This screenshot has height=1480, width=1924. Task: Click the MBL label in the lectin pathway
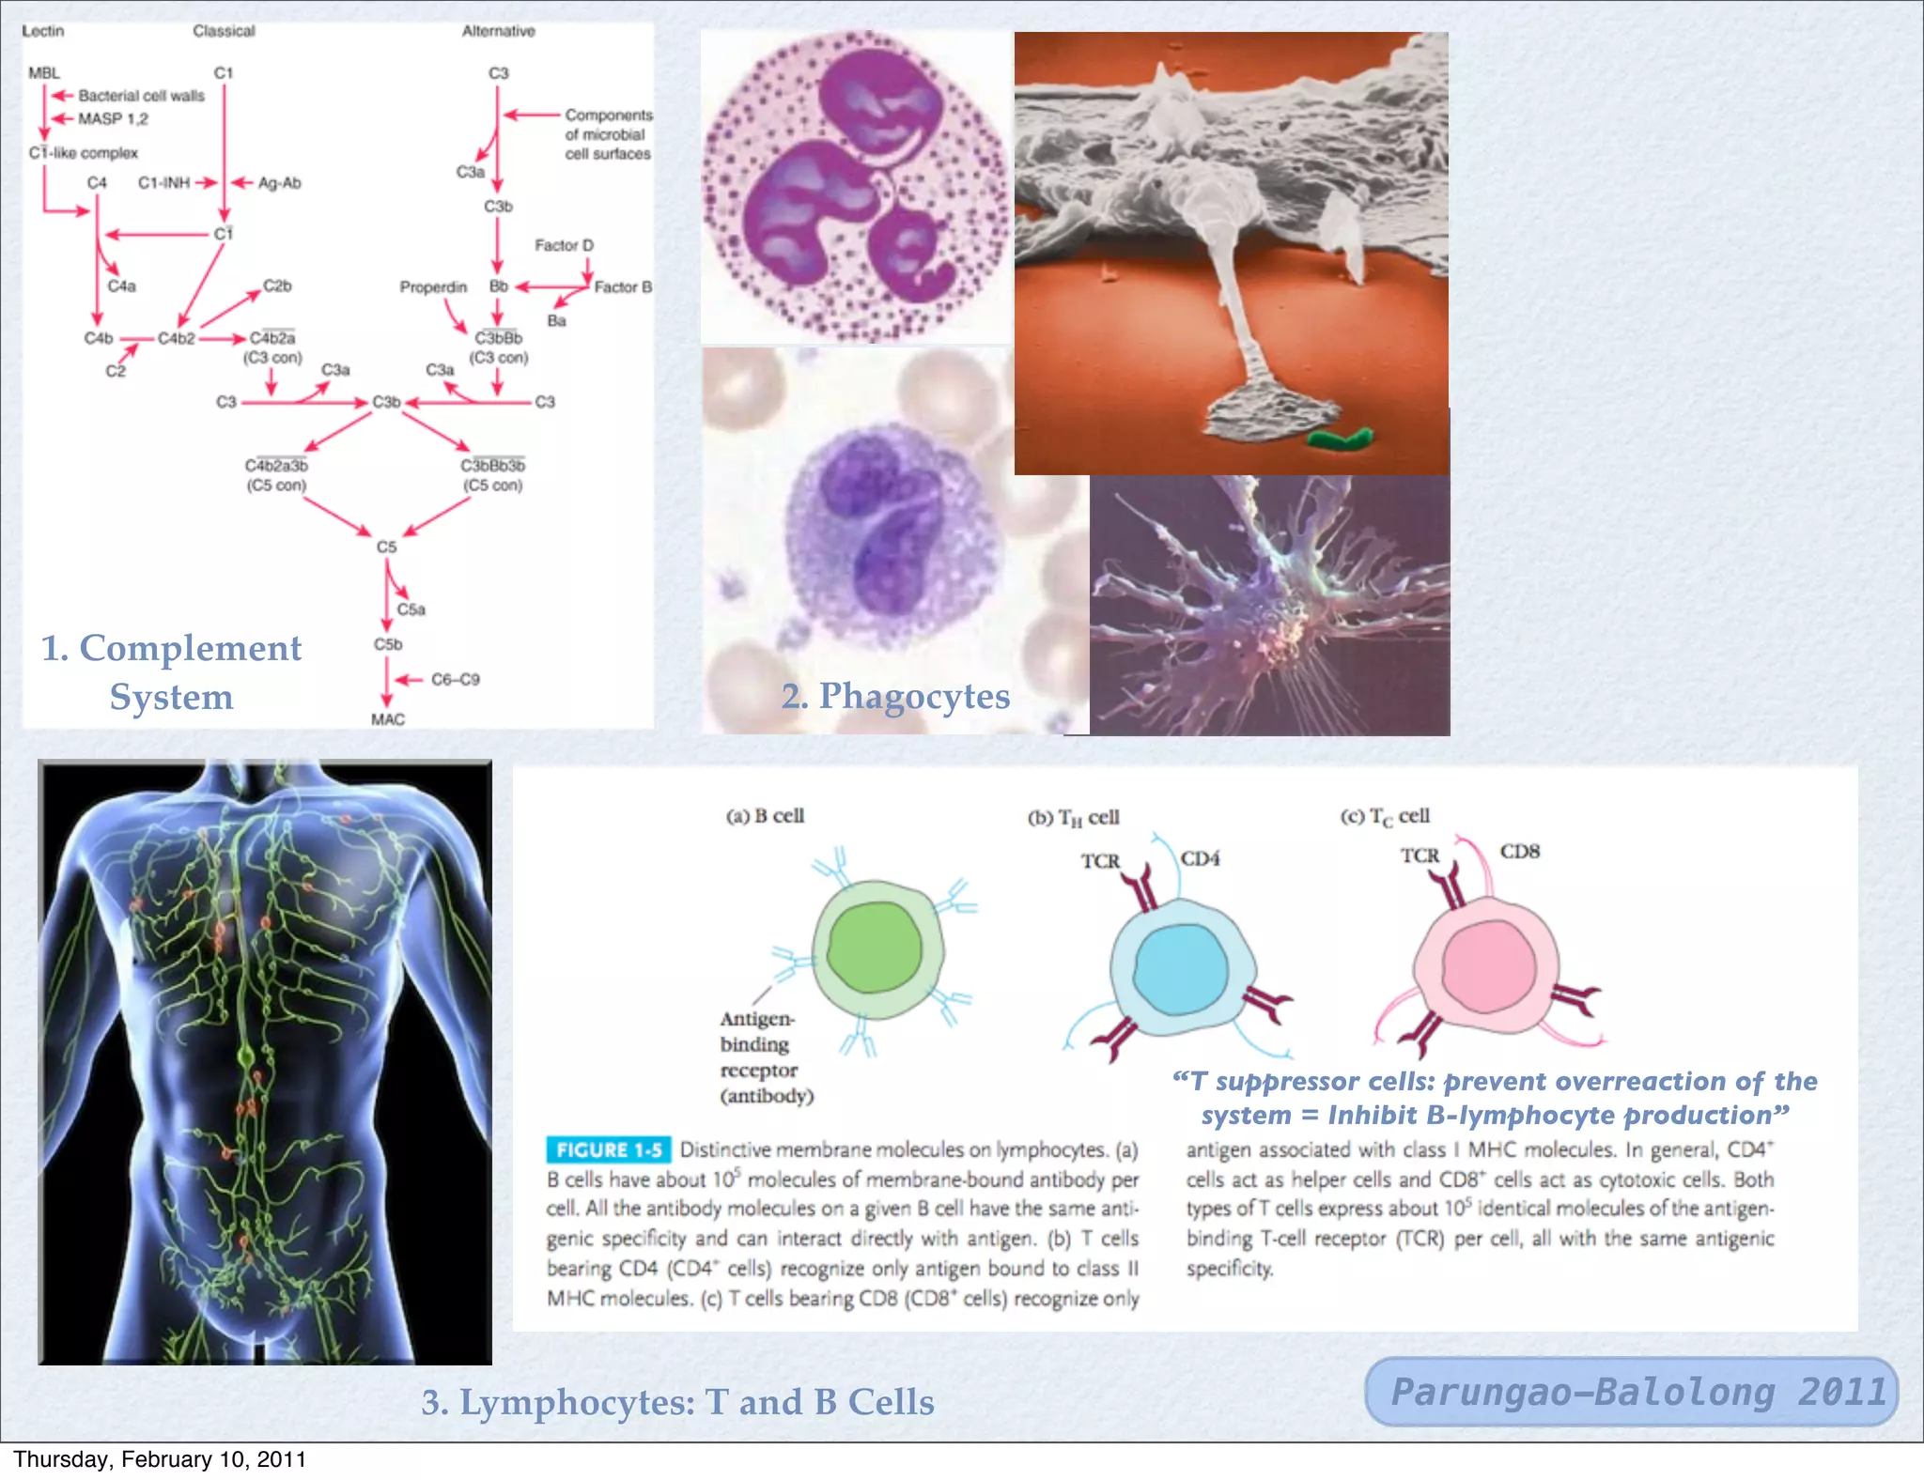point(43,73)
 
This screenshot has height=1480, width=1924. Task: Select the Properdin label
point(433,287)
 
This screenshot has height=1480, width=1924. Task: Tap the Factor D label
point(564,245)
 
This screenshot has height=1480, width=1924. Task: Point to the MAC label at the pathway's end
point(387,719)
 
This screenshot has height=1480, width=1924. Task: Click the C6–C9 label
point(455,679)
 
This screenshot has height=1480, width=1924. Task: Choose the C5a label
point(411,609)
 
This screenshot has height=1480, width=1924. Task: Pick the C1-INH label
point(163,183)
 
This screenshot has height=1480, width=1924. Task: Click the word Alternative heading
point(498,31)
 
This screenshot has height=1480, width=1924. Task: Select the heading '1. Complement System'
point(171,671)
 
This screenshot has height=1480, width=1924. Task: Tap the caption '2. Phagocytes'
point(895,696)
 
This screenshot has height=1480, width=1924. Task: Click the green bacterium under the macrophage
point(1340,438)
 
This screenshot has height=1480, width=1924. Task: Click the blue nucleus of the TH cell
point(1181,968)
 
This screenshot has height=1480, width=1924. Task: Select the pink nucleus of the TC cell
point(1489,965)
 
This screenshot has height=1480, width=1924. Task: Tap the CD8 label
point(1519,852)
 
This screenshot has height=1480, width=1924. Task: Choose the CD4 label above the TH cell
point(1200,858)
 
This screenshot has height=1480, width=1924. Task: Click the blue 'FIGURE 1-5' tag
point(608,1149)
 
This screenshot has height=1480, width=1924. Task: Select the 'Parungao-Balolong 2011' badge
point(1631,1392)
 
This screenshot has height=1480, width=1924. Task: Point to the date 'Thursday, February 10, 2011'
point(160,1459)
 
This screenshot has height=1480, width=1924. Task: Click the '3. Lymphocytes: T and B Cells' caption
point(677,1402)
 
